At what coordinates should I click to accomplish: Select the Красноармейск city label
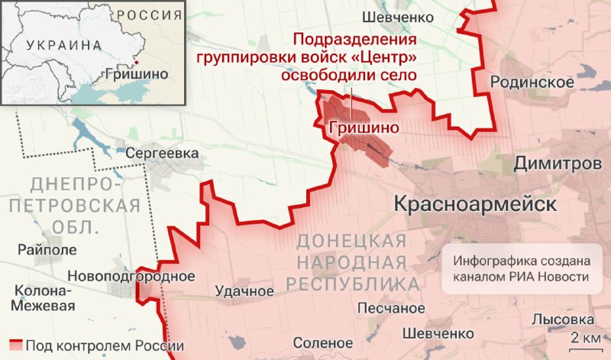[x=475, y=204]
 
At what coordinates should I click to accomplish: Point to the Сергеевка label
[x=163, y=153]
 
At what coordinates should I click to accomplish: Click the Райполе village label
[x=47, y=250]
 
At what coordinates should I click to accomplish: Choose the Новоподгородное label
[x=131, y=277]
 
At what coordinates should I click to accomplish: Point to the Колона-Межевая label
[x=44, y=299]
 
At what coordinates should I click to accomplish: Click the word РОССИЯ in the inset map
[x=150, y=15]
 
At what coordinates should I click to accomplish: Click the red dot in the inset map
[x=136, y=63]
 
